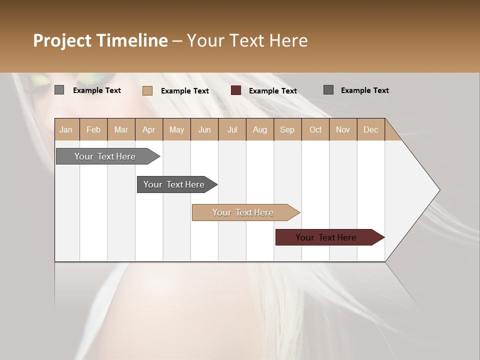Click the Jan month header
(x=66, y=129)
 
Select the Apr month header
(x=149, y=129)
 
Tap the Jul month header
(x=232, y=129)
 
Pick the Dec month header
(x=370, y=129)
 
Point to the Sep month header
(x=287, y=129)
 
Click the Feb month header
(x=93, y=129)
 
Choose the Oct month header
(x=315, y=129)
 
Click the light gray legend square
(x=59, y=90)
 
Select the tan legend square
(x=147, y=90)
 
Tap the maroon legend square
(x=236, y=90)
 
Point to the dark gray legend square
(x=328, y=90)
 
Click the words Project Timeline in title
(x=100, y=40)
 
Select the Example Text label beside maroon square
(x=273, y=91)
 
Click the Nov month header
(x=343, y=129)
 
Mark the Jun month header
(x=204, y=129)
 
